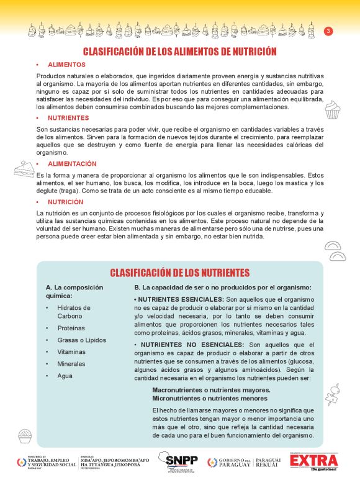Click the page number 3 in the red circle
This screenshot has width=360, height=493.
(329, 31)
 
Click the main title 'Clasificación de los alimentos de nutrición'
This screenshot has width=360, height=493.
(180, 52)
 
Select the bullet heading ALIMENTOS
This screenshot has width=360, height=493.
(66, 65)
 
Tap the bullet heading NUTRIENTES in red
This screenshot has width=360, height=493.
(68, 117)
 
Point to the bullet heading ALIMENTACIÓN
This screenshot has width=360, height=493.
(72, 164)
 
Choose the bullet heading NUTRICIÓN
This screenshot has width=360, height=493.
(65, 202)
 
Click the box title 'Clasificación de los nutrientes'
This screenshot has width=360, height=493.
(180, 273)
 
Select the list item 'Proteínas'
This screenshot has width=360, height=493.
(71, 328)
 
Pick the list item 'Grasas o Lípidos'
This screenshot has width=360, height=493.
(81, 340)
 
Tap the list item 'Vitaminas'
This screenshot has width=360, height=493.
(71, 352)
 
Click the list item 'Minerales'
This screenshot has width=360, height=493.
(71, 364)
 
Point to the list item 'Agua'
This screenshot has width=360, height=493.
(65, 376)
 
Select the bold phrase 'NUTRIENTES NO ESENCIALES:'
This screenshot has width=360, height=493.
(191, 345)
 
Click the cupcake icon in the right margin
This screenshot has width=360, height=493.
(333, 110)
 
